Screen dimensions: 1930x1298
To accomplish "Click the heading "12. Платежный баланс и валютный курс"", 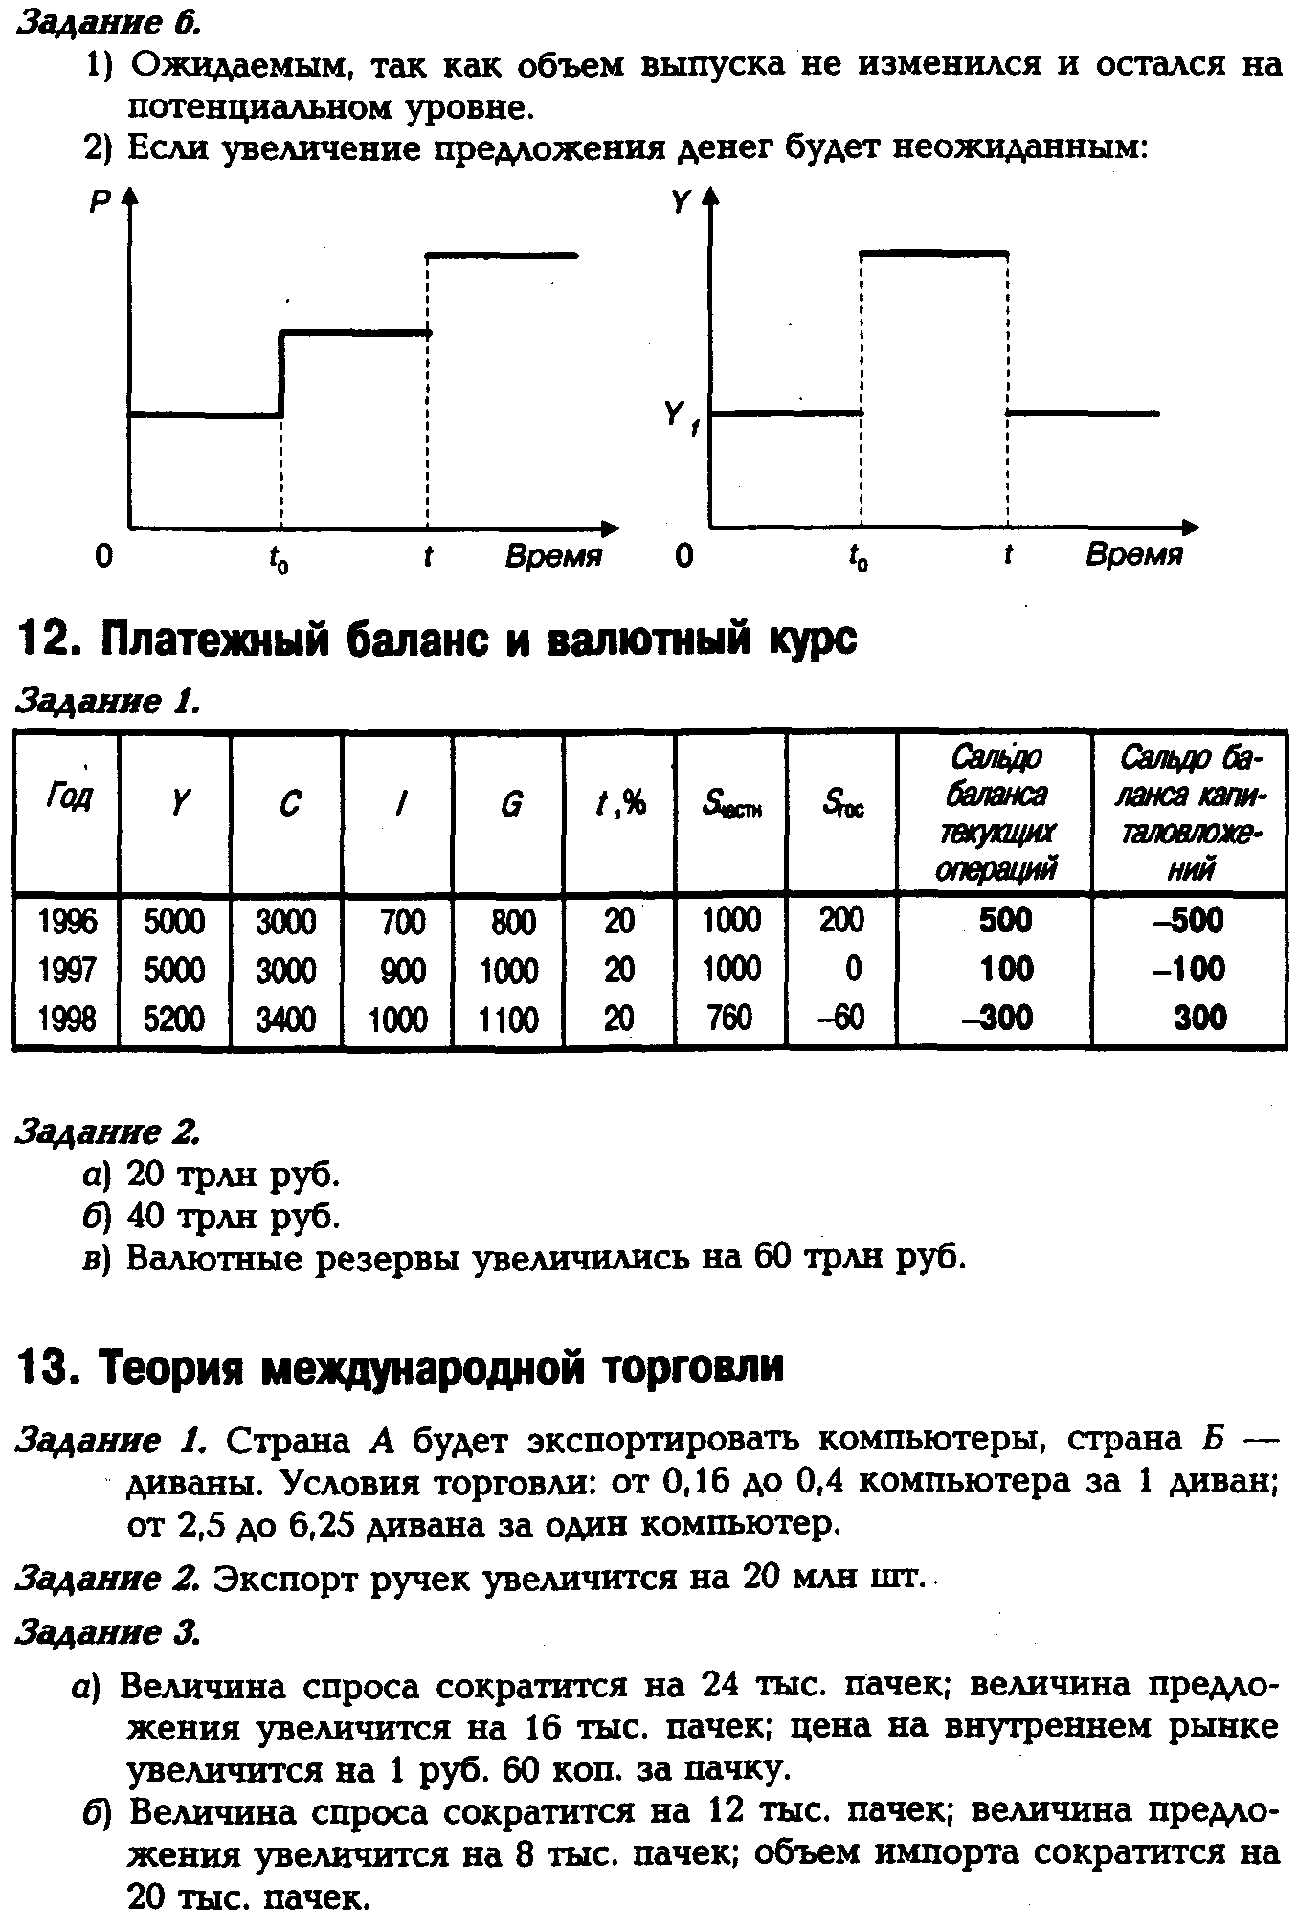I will click(436, 640).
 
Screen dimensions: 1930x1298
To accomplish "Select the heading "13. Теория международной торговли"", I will click(400, 1367).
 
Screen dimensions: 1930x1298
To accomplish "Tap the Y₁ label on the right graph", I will click(679, 417).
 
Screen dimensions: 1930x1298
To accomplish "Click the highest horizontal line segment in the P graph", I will click(502, 255).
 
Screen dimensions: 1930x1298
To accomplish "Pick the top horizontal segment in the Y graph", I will click(934, 252).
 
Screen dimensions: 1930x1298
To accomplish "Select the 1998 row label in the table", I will click(66, 1018).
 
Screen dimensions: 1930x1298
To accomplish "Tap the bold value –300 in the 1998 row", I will click(996, 1017).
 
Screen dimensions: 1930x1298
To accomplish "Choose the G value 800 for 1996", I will click(512, 922).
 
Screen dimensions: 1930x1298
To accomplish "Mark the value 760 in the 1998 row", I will click(728, 1017).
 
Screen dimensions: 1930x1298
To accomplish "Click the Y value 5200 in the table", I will click(174, 1018).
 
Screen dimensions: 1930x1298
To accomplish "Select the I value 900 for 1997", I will click(401, 970).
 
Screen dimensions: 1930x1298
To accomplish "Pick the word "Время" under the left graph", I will click(553, 556).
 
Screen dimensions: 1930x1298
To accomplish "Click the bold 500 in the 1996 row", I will click(1005, 921).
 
